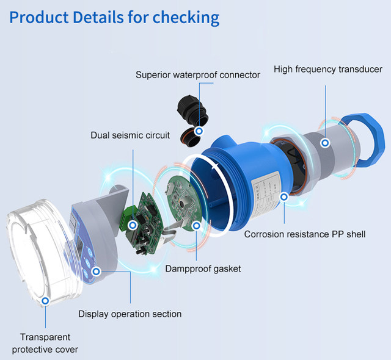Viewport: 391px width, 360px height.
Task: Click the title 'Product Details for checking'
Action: coord(114,16)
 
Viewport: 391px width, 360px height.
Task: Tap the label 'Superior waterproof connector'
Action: coord(198,74)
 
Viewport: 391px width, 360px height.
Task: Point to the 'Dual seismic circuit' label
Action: coord(130,135)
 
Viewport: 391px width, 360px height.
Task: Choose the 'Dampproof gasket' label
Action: coord(203,268)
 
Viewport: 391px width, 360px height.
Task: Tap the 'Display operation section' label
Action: coord(130,314)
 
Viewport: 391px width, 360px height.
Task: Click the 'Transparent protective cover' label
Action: coord(45,343)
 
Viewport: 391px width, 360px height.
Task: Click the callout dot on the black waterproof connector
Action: coord(199,131)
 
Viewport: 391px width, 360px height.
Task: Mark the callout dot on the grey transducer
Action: coord(326,142)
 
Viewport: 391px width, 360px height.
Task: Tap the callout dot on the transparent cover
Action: coord(46,301)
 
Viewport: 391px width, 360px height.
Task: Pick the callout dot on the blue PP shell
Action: coord(283,196)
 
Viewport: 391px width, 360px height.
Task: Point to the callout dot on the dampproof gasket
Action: coord(196,225)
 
